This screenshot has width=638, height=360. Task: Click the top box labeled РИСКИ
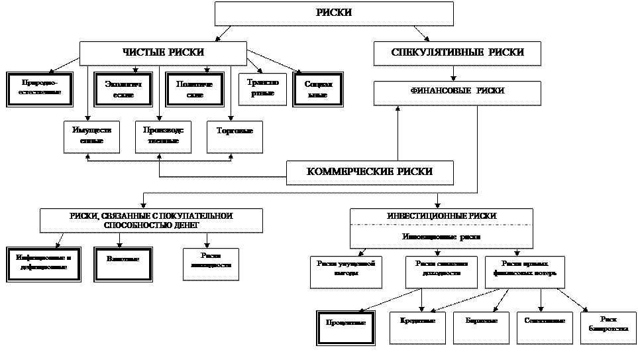[334, 13]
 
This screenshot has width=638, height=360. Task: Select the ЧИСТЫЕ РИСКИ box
[163, 53]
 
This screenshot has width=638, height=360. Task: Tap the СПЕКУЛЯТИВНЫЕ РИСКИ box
[457, 53]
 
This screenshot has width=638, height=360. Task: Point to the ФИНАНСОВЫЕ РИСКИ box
[457, 92]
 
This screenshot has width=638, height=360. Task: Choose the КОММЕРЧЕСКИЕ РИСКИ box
[370, 172]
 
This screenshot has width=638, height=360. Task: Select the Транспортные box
[262, 89]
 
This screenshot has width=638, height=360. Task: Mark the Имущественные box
[91, 136]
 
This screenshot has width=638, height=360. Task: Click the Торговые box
[235, 136]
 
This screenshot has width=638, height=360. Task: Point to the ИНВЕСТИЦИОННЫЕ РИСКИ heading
[441, 216]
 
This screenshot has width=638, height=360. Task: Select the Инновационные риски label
[441, 236]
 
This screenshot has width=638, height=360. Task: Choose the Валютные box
[123, 264]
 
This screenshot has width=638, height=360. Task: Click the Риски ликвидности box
[211, 263]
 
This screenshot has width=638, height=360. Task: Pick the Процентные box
[346, 327]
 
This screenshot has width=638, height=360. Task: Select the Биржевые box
[481, 326]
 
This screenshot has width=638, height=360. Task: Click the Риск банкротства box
[608, 326]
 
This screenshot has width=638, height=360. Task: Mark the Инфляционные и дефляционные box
[44, 264]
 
